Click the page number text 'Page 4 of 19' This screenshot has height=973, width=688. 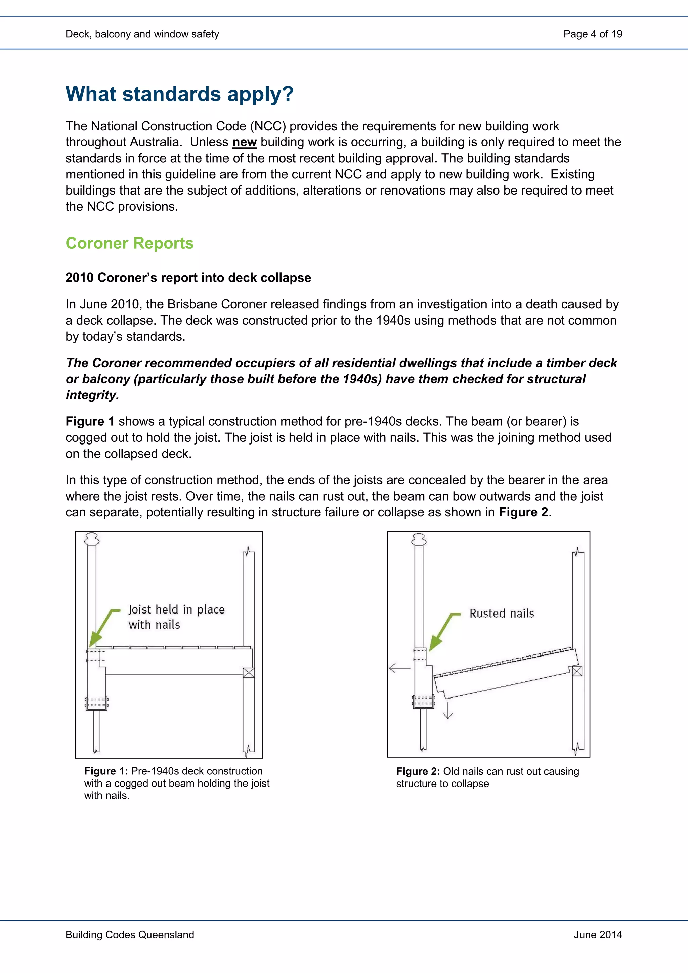tap(592, 34)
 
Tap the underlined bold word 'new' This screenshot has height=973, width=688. tap(245, 142)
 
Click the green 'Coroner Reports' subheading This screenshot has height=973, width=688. tap(129, 243)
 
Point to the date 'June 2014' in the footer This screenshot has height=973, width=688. tap(598, 934)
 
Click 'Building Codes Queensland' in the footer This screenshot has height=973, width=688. tap(130, 934)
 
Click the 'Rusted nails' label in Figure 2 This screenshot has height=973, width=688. tap(502, 613)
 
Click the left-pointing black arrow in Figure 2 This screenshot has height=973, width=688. tap(399, 668)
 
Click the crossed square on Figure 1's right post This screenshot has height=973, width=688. tap(249, 673)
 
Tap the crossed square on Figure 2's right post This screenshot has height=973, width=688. tap(577, 671)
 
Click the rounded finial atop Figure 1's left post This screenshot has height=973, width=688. tap(92, 539)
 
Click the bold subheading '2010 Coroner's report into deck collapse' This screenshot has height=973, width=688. tap(188, 278)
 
